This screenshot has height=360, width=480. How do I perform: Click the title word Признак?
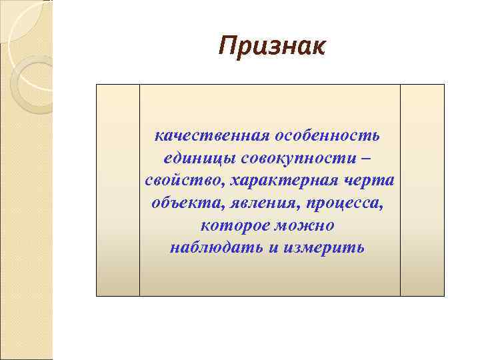(272, 47)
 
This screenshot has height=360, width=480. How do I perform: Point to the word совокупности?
(297, 159)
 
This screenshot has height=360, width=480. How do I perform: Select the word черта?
(372, 181)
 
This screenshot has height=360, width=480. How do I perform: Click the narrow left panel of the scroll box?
(118, 190)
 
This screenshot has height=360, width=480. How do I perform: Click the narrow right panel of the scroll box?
(422, 190)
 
